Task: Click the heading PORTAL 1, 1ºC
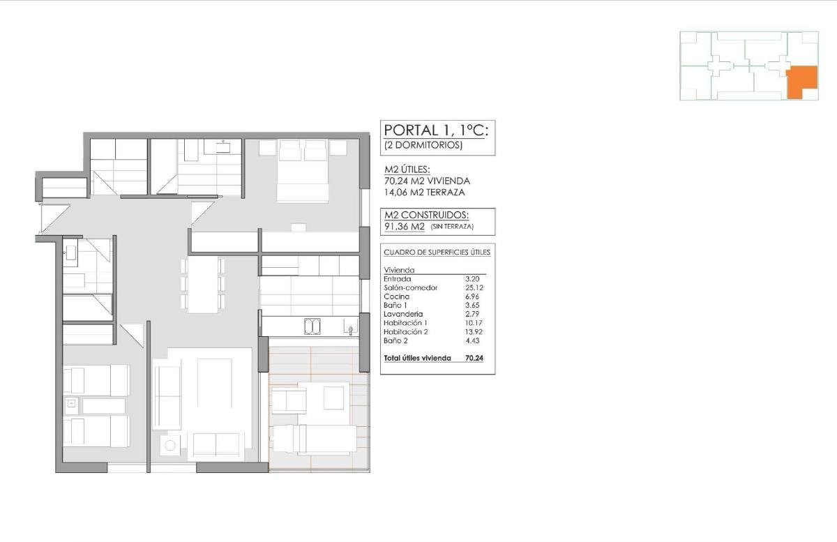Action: (x=437, y=130)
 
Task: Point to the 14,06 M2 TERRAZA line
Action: (x=425, y=192)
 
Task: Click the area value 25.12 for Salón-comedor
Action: (x=475, y=287)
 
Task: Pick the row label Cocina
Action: (x=396, y=296)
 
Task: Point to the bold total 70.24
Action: (x=475, y=358)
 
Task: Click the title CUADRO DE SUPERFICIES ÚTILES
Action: (x=437, y=252)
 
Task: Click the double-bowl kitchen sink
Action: (x=312, y=326)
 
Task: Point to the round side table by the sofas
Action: (x=170, y=444)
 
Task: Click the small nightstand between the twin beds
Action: (x=70, y=404)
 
